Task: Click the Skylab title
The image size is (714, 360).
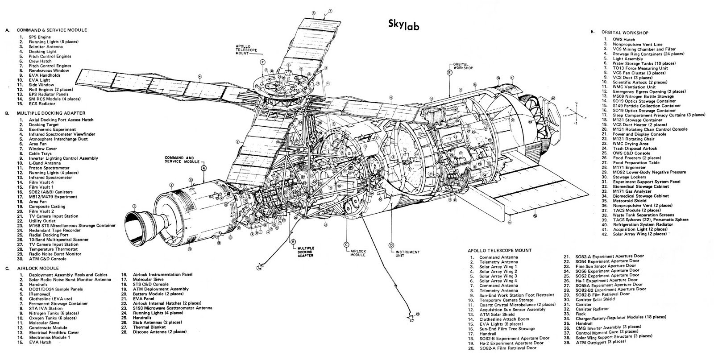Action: pos(403,25)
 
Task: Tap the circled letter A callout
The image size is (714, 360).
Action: pos(203,168)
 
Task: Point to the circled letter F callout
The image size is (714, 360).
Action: pos(263,62)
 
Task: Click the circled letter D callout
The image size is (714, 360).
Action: pos(391,245)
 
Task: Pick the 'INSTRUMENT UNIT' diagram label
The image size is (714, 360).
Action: pos(407,254)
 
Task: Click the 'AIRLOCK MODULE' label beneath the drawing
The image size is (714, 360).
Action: pos(357,253)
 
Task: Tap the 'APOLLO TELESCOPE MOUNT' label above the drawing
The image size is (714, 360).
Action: pos(250,50)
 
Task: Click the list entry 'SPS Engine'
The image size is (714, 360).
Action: pos(40,37)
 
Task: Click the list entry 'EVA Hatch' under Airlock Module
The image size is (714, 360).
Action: pos(40,342)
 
